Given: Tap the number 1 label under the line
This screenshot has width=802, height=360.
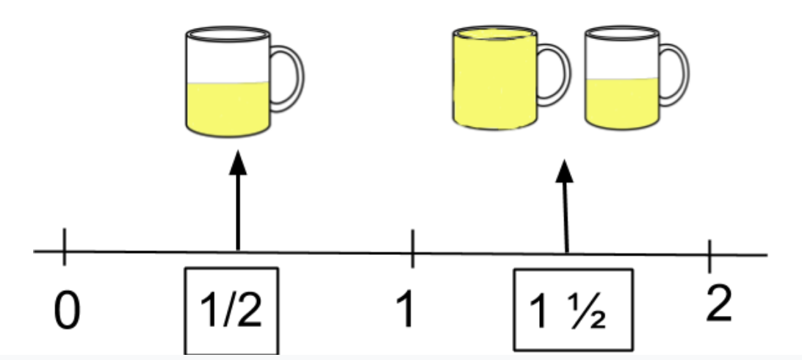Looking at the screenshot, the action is pos(405,309).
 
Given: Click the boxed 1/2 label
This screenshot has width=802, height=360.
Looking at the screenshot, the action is pos(231,310).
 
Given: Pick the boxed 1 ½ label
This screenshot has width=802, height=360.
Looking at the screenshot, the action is pos(574,310).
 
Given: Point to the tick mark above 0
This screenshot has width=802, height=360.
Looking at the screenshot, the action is pos(64,247).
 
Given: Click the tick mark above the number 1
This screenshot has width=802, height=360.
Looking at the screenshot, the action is pos(413,248).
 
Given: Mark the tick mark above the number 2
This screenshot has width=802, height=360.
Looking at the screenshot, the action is pos(709,256).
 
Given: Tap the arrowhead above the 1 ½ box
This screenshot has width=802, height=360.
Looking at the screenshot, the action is pos(564,171).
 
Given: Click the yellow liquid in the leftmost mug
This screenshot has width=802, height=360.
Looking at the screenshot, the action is pos(228,109).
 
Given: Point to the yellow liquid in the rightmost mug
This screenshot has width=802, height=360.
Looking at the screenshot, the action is pos(622,103).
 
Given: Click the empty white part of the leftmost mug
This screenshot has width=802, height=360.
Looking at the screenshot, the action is pos(228,62).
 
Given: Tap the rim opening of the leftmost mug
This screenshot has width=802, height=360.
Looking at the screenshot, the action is pos(228,35).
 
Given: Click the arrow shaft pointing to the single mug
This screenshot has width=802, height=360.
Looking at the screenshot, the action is pos(238,212).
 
